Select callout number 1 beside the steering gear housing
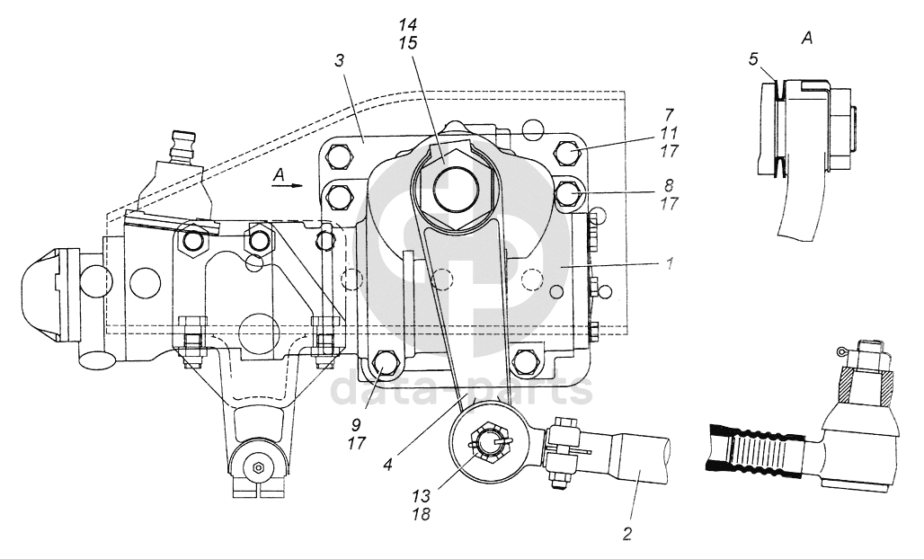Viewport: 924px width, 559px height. [x=670, y=263]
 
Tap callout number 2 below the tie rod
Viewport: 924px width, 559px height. [x=627, y=534]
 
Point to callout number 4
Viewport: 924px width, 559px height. [x=387, y=464]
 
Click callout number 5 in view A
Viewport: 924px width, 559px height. [x=753, y=60]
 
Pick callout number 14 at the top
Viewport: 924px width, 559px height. [x=406, y=25]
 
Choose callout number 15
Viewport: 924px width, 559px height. [x=406, y=43]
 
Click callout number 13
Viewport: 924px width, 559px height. [x=422, y=494]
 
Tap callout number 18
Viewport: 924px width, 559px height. [x=422, y=514]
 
